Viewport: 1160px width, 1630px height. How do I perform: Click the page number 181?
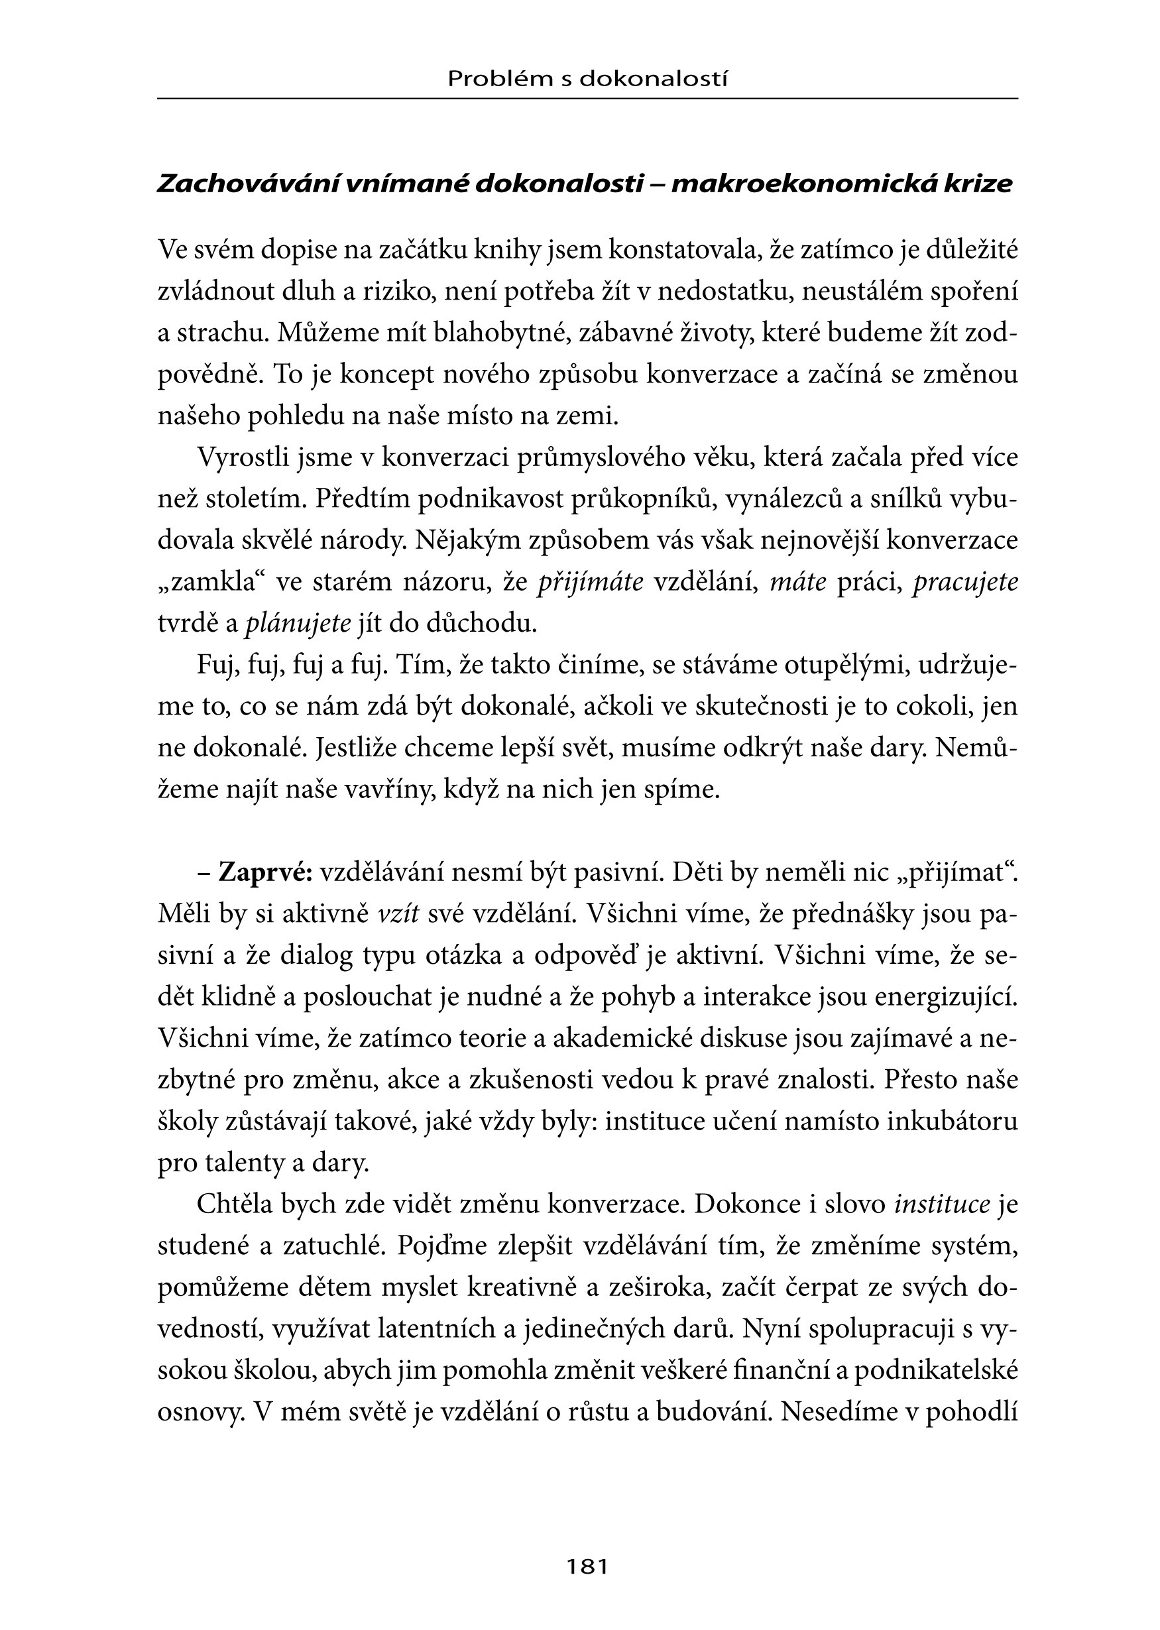pyautogui.click(x=587, y=1566)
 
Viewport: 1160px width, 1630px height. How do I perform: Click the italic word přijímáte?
pyautogui.click(x=590, y=582)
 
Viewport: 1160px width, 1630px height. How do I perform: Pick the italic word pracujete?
pyautogui.click(x=965, y=582)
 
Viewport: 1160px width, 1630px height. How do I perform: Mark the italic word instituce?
pyautogui.click(x=942, y=1204)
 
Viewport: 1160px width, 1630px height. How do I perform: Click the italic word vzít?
pyautogui.click(x=398, y=914)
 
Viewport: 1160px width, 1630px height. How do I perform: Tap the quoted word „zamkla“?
pyautogui.click(x=211, y=582)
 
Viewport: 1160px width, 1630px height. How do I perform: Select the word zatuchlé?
pyautogui.click(x=331, y=1246)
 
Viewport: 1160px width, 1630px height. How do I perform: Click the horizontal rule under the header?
pyautogui.click(x=587, y=99)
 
